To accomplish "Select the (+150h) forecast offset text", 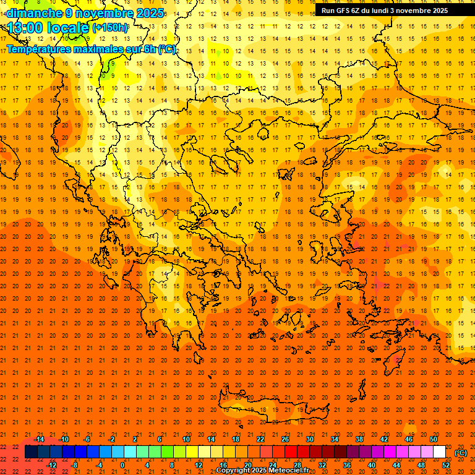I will tap(111, 27).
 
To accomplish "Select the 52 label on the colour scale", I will tap(446, 465).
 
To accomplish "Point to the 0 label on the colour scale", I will tap(122, 465).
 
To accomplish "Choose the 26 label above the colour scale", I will tap(285, 439).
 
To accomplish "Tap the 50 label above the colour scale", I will tap(434, 439).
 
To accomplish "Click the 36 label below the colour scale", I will tap(347, 465).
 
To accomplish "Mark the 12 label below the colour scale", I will tap(199, 465).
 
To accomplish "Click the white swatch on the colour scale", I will tap(440, 452).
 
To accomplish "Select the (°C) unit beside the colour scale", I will tap(461, 453).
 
